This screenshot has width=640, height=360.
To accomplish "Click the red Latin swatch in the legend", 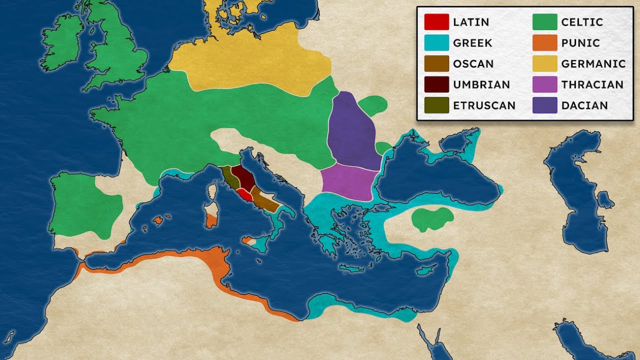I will pos(436,22).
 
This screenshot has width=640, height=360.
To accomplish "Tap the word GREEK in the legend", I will pos(472,43).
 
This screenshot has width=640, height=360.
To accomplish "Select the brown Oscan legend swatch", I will pos(436,64).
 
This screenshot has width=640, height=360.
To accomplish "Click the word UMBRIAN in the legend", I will pos(481,84).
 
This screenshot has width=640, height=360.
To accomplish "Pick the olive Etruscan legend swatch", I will pos(436,105).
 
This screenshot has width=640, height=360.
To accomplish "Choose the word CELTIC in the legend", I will pos(582,22).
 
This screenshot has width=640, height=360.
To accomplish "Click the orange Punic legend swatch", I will pos(544,43).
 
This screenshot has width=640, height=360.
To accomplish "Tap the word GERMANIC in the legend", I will pos(593,64).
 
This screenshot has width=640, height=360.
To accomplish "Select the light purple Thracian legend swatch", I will pos(544,84).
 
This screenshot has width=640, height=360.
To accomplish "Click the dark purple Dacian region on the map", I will pos(352,132).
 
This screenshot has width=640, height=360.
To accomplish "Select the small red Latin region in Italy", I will pos(243,194).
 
